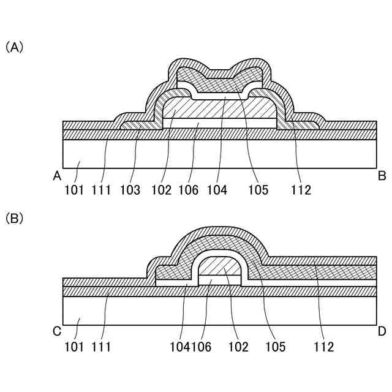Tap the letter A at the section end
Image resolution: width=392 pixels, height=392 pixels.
(x=57, y=176)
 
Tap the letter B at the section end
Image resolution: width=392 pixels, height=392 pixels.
(x=382, y=176)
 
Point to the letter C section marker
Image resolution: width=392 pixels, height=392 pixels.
(x=57, y=331)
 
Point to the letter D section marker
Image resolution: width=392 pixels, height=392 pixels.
(x=382, y=331)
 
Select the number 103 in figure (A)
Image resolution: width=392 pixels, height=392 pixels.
(x=130, y=190)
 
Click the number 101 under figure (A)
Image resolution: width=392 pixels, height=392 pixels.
(x=74, y=190)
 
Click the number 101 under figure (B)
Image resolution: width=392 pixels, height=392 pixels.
(x=74, y=347)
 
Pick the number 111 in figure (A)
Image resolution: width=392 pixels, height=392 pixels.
(x=101, y=190)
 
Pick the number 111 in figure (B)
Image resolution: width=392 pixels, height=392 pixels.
(x=101, y=347)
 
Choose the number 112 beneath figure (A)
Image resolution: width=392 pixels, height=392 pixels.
(x=301, y=190)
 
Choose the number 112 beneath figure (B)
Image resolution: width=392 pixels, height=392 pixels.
(x=323, y=347)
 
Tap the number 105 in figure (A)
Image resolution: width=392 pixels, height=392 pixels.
(x=258, y=190)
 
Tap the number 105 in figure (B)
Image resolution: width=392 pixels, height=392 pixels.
(x=276, y=347)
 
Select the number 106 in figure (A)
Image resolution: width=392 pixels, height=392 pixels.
(x=189, y=190)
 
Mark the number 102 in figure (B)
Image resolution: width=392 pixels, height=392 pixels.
(x=238, y=347)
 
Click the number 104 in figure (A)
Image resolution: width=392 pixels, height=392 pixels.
(x=217, y=190)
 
